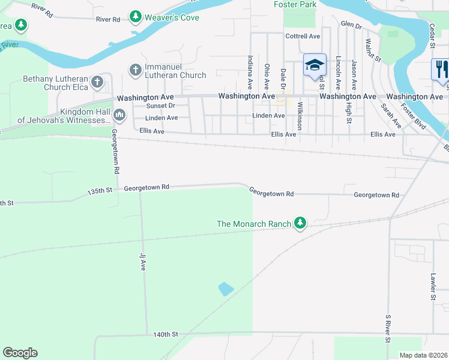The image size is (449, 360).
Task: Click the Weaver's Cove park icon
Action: coord(136,17)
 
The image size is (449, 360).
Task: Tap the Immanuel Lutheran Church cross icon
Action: coord(134,70)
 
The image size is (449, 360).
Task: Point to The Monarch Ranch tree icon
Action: coord(300,224)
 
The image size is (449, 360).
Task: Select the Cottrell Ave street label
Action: coord(303,36)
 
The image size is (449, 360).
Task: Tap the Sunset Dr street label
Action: coord(160,106)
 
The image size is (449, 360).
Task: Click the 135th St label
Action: coord(100,191)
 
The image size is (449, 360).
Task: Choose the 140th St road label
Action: coord(166,334)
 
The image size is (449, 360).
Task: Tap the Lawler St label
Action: coord(433,286)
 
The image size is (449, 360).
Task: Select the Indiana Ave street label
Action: coord(250,73)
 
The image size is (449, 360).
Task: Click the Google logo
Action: coord(20,353)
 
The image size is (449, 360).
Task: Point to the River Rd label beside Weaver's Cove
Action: coord(109,19)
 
